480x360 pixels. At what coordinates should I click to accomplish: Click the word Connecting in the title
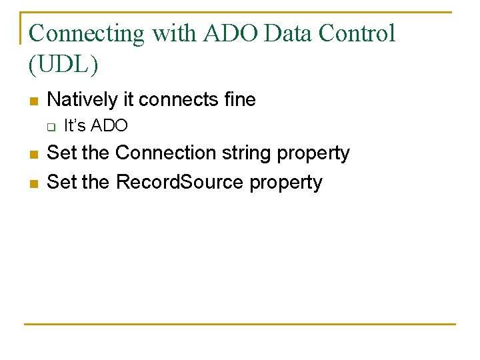coord(87,33)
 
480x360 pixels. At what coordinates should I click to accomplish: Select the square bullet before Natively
coord(33,101)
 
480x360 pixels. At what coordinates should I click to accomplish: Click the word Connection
coord(166,153)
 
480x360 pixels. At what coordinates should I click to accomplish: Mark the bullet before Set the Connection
coord(33,155)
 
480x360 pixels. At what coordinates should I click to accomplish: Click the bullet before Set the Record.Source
coord(33,183)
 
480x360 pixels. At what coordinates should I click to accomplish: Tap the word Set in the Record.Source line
coord(61,182)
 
